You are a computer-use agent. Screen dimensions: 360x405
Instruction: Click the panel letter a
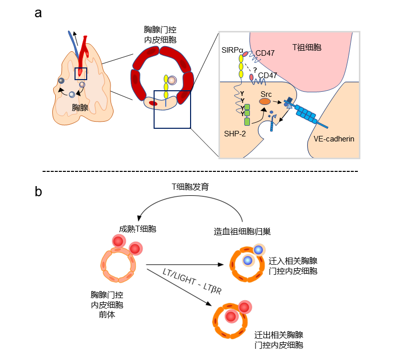pos(38,13)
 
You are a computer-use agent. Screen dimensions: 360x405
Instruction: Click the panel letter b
pos(39,191)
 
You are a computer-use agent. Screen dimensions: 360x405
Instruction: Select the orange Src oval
pos(265,101)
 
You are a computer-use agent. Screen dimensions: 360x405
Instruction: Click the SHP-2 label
pos(235,132)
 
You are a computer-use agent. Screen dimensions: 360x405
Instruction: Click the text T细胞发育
pos(190,187)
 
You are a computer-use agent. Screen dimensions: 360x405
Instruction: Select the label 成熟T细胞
pos(137,229)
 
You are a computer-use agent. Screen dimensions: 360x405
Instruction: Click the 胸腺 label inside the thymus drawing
pos(80,107)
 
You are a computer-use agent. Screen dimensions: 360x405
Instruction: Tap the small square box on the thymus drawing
pos(81,74)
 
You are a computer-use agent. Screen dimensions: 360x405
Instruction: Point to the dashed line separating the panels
pos(203,171)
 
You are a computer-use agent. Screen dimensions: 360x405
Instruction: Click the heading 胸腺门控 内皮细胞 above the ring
pos(160,33)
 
